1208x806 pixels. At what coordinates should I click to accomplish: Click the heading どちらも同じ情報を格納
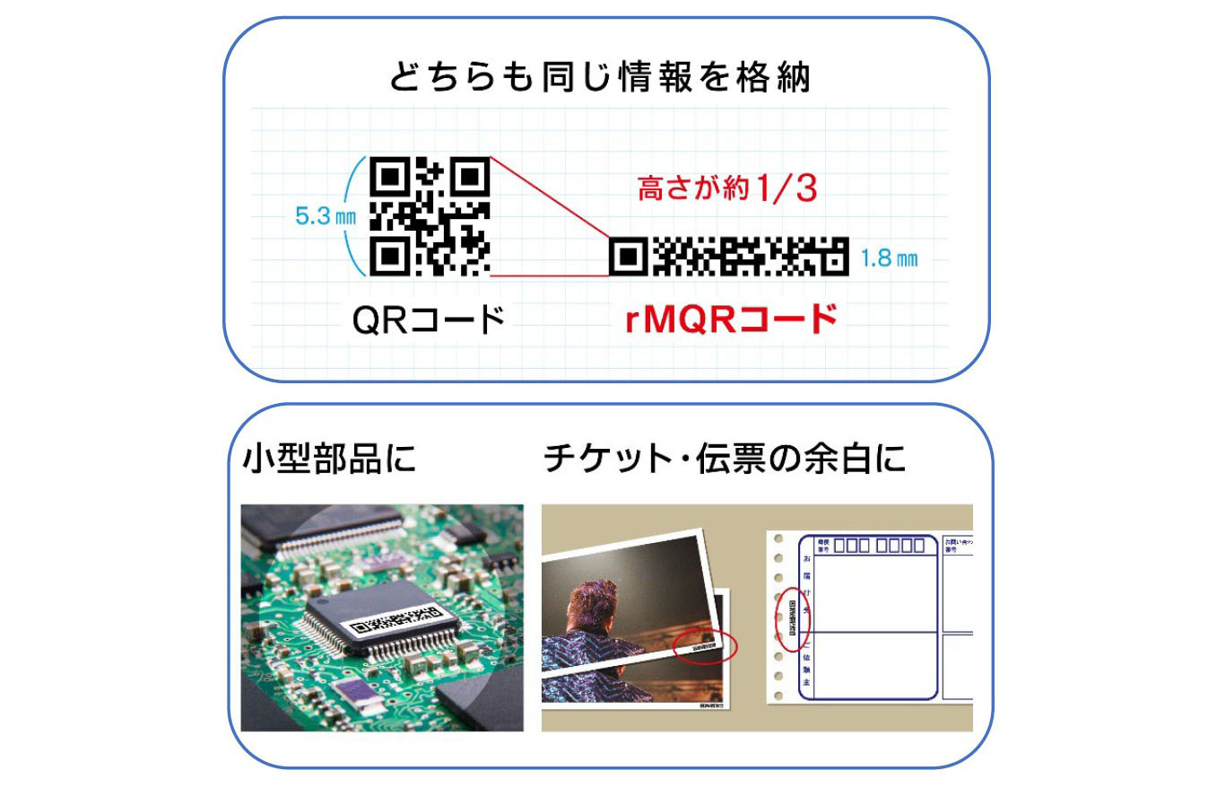(599, 77)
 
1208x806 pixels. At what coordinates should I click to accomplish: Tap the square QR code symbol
(430, 215)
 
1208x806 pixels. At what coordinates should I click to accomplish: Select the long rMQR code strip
(728, 257)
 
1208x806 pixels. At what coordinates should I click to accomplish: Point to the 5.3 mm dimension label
(325, 216)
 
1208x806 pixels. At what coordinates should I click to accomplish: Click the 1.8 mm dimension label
(889, 258)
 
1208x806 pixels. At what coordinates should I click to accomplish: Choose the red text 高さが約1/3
(727, 188)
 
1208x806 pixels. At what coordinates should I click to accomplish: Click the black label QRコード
(429, 320)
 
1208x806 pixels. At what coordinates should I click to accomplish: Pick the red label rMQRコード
(731, 320)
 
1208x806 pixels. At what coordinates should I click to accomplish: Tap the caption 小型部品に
(329, 459)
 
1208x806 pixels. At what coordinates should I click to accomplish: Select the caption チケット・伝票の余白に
(725, 459)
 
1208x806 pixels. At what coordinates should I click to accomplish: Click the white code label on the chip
(395, 620)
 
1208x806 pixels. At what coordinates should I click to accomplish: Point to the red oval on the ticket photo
(705, 645)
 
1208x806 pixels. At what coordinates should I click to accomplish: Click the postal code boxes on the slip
(878, 545)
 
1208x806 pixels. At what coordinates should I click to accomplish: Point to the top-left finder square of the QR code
(389, 177)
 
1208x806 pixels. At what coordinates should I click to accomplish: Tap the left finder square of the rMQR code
(629, 258)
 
